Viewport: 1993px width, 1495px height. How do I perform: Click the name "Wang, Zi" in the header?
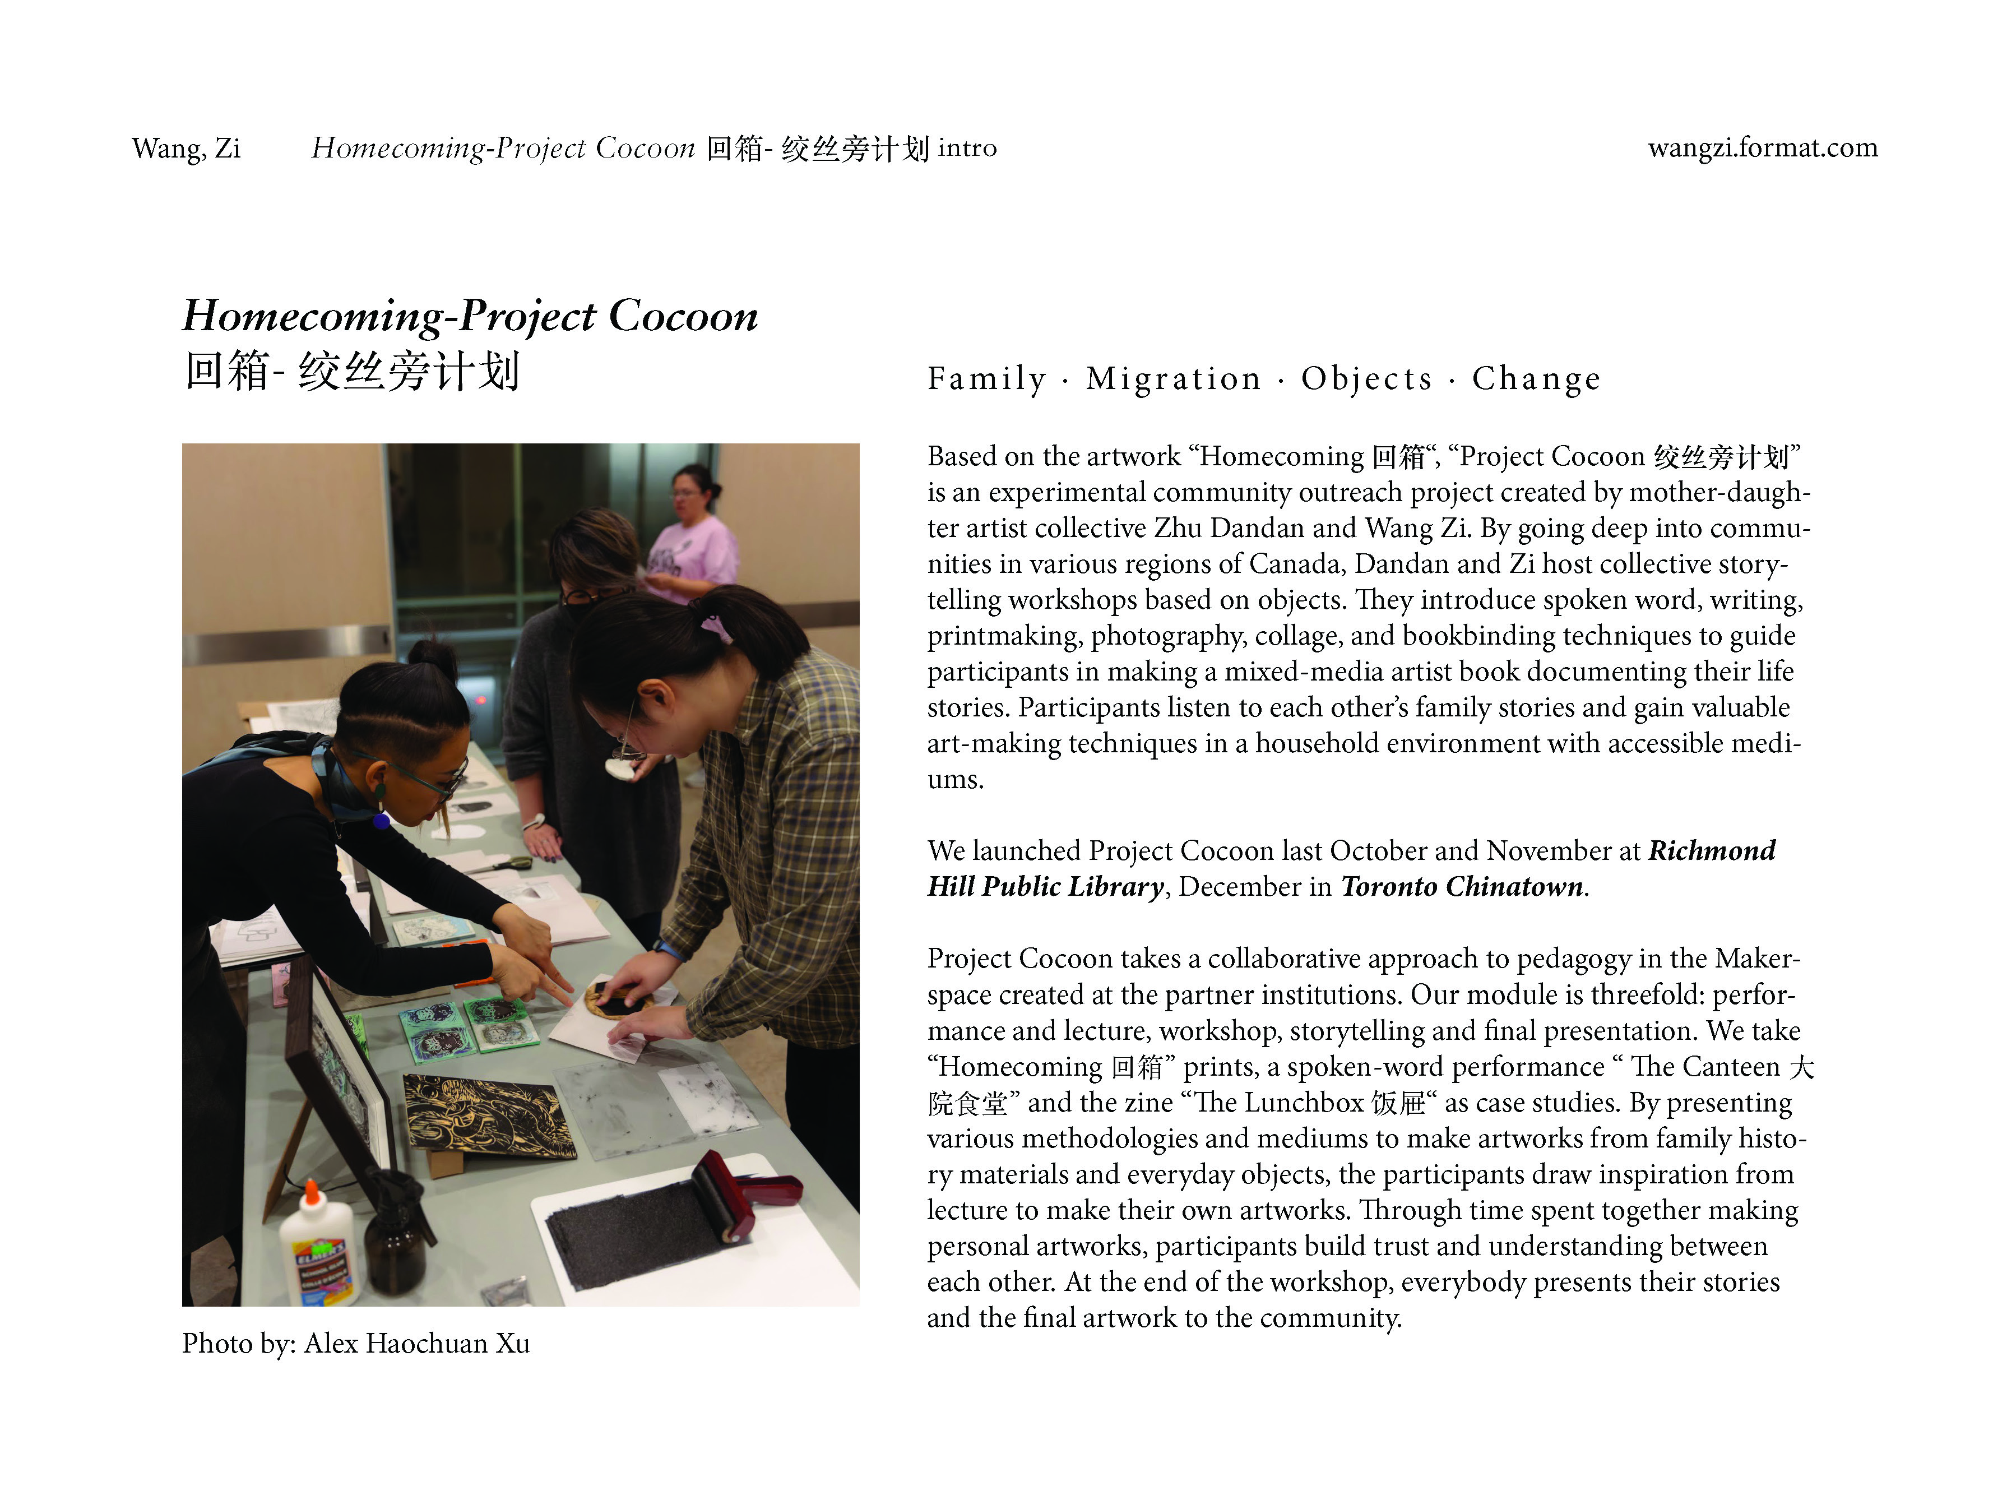coord(186,148)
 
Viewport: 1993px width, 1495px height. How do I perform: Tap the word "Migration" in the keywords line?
coord(1173,378)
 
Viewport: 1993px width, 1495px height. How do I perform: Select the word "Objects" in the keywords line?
coord(1366,378)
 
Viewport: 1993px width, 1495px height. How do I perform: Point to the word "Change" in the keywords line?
coord(1536,378)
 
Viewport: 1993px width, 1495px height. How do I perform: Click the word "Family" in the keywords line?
coord(986,378)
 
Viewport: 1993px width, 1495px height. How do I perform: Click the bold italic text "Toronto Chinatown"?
coord(1462,887)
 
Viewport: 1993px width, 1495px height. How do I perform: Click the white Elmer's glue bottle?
coord(318,1249)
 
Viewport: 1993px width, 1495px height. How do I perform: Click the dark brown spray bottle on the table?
coord(395,1234)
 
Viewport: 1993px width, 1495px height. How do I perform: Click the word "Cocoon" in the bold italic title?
coord(683,316)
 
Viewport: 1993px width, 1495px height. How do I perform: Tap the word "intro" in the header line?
coord(967,148)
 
